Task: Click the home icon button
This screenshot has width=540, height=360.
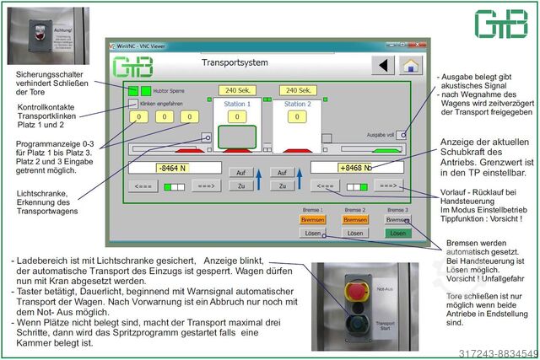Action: tap(410, 66)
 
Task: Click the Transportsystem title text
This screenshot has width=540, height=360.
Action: tap(235, 63)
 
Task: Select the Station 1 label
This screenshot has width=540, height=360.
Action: tap(237, 105)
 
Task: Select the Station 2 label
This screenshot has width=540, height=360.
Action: tap(298, 105)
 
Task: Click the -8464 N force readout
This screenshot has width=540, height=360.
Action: tap(175, 168)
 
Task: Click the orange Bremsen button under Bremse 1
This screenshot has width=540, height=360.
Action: tap(312, 219)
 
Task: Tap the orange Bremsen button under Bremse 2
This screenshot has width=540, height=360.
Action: tap(355, 219)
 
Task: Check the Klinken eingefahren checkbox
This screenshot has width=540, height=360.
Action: tap(133, 103)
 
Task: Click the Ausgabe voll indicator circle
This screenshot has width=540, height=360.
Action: tap(403, 135)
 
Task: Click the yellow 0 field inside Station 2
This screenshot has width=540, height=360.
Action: tap(298, 117)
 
